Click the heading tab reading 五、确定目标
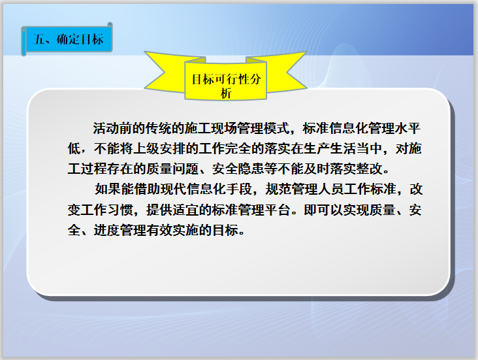click(x=69, y=40)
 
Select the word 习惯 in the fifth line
click(x=121, y=210)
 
